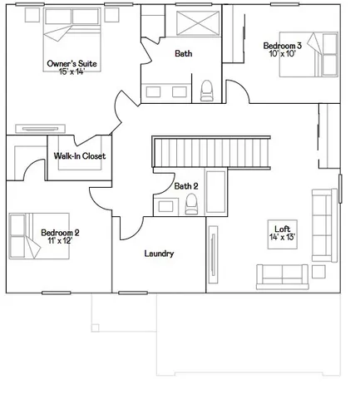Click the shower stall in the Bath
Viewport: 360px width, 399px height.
[198, 23]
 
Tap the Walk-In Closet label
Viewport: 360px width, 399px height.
[79, 156]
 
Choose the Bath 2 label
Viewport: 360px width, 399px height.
[186, 185]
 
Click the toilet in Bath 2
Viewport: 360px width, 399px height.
[192, 204]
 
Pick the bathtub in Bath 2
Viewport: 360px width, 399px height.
[215, 192]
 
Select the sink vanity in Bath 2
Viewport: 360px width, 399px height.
[164, 205]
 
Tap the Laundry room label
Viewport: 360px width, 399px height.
[159, 254]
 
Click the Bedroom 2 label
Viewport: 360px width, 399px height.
[60, 232]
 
